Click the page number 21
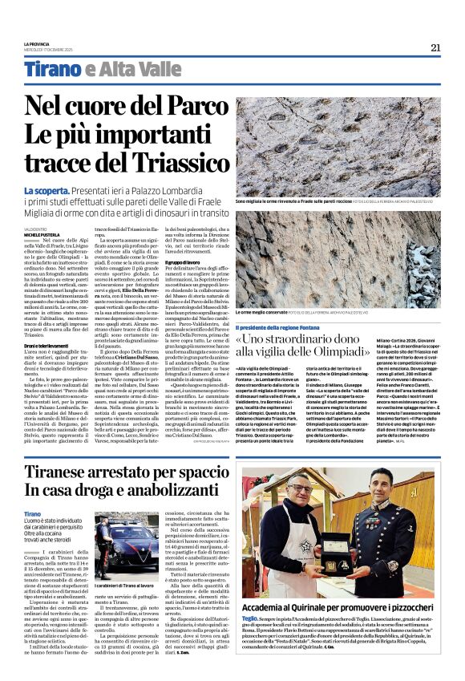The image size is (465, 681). coord(435,47)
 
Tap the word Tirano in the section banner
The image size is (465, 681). coord(53,70)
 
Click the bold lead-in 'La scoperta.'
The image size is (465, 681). coord(45,191)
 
